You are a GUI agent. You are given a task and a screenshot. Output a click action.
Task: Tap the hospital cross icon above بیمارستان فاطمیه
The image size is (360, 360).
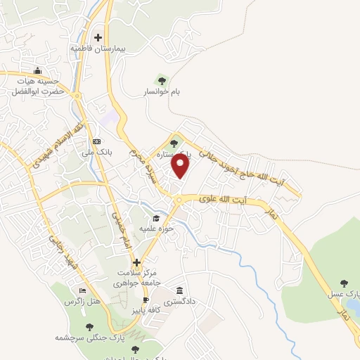click(x=98, y=37)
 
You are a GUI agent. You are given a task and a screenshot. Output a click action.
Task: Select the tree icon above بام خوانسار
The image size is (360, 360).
click(x=162, y=81)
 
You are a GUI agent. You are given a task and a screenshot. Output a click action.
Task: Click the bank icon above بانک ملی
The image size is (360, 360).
click(x=96, y=141)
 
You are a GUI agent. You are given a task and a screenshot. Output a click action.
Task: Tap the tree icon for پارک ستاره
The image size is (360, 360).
click(x=173, y=143)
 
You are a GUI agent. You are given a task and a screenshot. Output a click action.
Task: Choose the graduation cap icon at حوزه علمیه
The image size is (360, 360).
click(x=156, y=219)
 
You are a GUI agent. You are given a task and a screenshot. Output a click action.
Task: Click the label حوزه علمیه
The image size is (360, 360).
click(x=156, y=230)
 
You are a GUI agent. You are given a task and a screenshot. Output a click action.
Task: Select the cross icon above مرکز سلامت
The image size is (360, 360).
click(x=137, y=262)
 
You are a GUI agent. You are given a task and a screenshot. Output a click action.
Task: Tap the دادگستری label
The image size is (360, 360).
click(x=181, y=300)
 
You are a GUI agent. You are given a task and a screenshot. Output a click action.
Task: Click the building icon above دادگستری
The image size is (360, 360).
click(x=181, y=290)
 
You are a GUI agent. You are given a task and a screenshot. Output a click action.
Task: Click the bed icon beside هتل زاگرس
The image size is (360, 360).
click(x=83, y=290)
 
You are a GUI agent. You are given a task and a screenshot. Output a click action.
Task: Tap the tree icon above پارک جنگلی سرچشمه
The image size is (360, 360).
click(x=89, y=327)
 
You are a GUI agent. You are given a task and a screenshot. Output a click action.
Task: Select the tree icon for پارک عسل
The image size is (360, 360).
click(x=344, y=283)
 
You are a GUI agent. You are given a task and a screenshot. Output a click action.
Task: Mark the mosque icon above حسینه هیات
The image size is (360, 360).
click(x=37, y=70)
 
